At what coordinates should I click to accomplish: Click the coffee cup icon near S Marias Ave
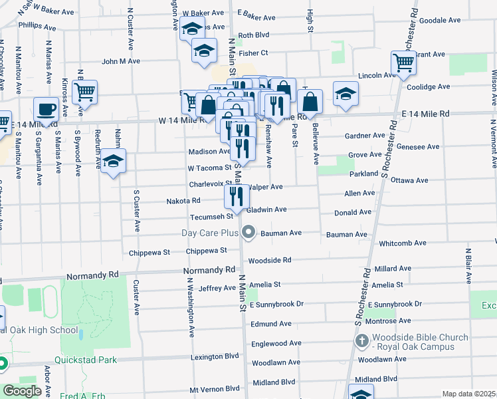click(47, 108)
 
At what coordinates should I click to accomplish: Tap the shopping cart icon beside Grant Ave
click(404, 63)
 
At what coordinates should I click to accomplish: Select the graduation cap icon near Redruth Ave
click(114, 162)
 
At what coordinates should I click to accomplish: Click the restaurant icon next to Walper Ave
click(237, 196)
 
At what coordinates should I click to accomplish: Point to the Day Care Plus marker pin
click(249, 232)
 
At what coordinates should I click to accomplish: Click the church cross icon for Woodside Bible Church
click(362, 341)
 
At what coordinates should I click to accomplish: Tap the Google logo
click(23, 390)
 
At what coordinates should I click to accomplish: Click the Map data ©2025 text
click(469, 394)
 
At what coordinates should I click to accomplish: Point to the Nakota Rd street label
click(183, 200)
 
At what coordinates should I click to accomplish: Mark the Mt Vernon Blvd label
click(214, 388)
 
